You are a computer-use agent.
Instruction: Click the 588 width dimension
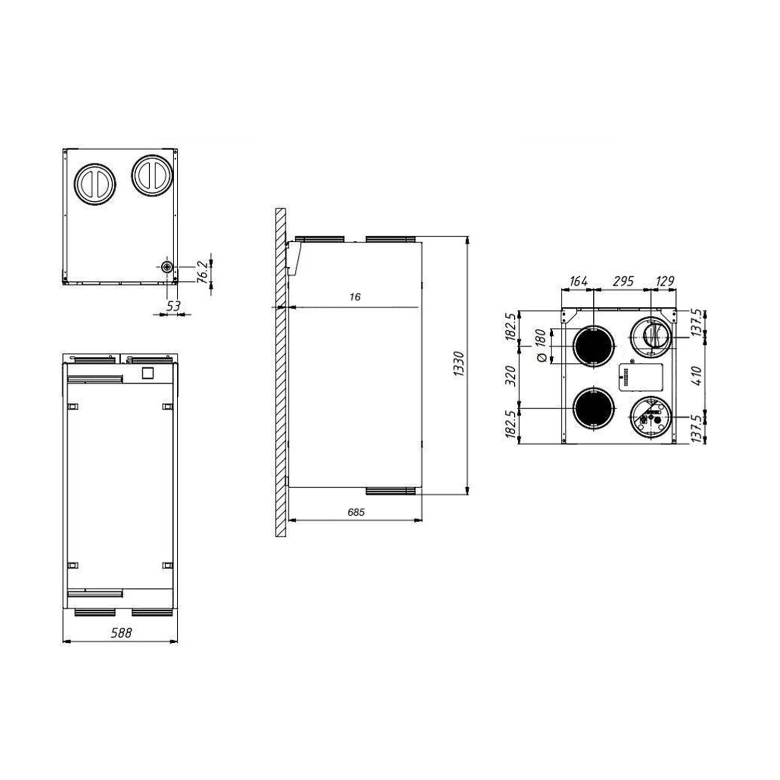[x=121, y=633]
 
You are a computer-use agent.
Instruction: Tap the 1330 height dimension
[x=459, y=364]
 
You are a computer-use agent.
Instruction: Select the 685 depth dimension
[x=356, y=512]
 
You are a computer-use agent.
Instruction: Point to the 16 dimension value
[x=355, y=297]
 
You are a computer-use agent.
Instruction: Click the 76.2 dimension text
[x=203, y=271]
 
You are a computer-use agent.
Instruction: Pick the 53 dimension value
[x=173, y=306]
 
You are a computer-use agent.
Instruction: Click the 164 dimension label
[x=578, y=281]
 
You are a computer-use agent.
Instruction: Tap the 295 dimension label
[x=623, y=281]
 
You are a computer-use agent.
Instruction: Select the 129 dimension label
[x=665, y=281]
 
